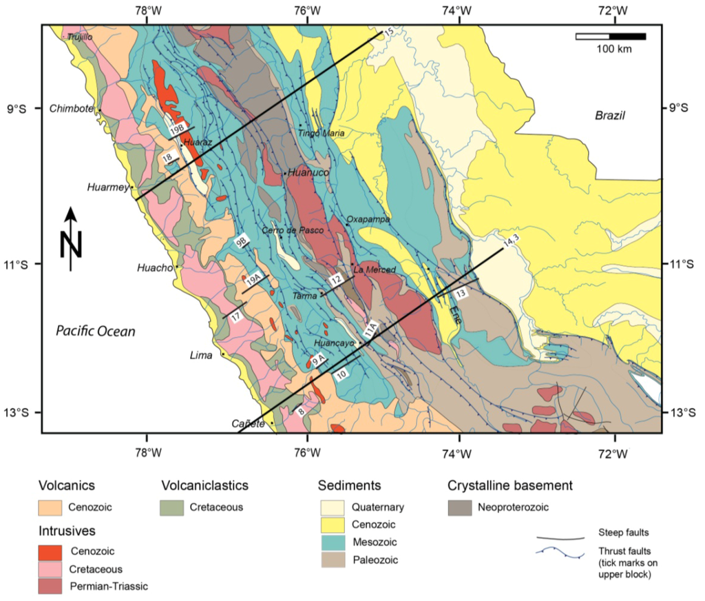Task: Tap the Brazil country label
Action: [x=609, y=115]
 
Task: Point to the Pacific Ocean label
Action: [x=96, y=332]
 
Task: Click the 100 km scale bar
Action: [x=610, y=37]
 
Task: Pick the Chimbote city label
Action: [x=71, y=108]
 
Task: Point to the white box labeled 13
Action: [x=461, y=294]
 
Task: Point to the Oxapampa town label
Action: [x=368, y=219]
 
